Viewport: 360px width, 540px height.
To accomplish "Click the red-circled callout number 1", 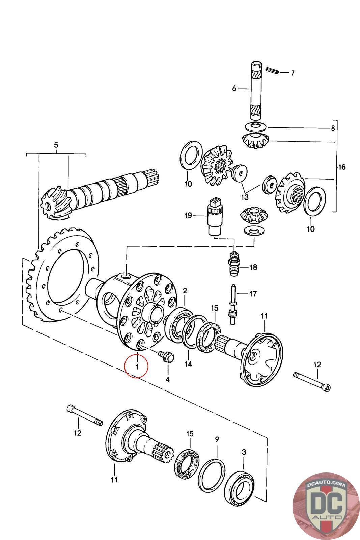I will coord(136,366).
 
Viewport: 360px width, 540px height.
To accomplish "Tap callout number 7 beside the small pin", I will coord(292,73).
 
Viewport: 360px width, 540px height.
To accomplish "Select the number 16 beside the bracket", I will coord(341,167).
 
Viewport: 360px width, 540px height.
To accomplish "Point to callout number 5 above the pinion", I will coord(56,145).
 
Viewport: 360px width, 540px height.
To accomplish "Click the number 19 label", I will coord(188,215).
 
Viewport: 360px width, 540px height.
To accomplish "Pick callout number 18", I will coord(253,267).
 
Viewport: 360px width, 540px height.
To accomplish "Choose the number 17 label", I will coord(253,294).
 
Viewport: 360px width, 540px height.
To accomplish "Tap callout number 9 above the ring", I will coord(217,439).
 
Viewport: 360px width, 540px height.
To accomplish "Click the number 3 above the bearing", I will coord(244,452).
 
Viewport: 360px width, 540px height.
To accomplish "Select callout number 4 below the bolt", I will coord(167,379).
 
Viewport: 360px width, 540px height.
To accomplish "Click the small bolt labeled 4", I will coord(165,356).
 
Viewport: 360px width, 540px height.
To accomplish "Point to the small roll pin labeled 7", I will coord(271,70).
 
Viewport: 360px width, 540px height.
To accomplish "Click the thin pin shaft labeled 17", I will coord(232,304).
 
